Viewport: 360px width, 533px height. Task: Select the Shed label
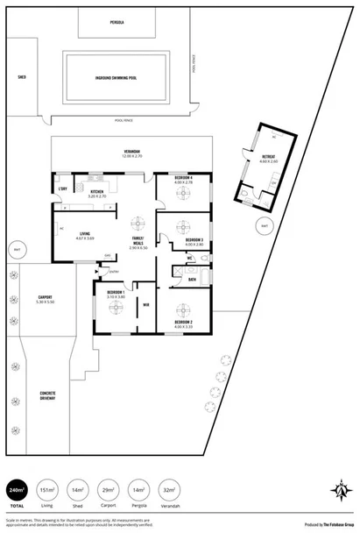pyautogui.click(x=21, y=77)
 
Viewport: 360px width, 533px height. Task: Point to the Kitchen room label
pyautogui.click(x=97, y=192)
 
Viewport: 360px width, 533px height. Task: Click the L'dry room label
pyautogui.click(x=62, y=190)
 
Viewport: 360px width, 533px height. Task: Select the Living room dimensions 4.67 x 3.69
pyautogui.click(x=85, y=238)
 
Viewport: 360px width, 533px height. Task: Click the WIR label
pyautogui.click(x=145, y=305)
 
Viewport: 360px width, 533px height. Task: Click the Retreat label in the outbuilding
pyautogui.click(x=270, y=157)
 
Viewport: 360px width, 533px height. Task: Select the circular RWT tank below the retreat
pyautogui.click(x=263, y=226)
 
